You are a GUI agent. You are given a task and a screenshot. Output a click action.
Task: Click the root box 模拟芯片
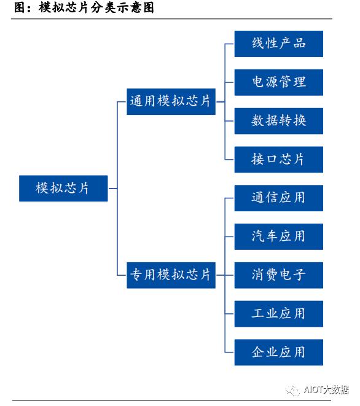63,189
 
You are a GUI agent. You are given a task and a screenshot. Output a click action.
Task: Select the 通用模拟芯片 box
171,101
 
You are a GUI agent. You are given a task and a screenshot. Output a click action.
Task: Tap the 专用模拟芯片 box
171,275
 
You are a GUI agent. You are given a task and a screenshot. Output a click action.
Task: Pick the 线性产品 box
278,44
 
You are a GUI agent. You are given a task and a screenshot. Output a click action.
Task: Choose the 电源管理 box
278,82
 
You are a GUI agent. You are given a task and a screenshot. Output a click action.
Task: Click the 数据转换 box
278,120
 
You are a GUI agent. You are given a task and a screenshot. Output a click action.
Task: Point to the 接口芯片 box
278,159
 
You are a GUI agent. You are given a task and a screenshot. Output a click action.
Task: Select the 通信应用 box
278,198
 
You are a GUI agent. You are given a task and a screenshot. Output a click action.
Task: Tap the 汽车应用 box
278,236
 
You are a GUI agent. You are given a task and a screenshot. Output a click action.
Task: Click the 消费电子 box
278,275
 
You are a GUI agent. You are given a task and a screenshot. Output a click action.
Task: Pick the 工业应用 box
278,313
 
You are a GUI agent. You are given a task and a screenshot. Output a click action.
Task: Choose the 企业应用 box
278,352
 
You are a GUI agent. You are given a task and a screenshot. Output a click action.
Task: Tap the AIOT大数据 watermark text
327,390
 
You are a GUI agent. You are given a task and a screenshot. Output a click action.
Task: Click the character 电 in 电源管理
259,82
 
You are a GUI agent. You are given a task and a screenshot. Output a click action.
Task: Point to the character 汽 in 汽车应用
259,236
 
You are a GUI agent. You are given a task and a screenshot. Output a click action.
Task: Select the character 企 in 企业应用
259,352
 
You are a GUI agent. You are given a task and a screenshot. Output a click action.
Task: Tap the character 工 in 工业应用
259,313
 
